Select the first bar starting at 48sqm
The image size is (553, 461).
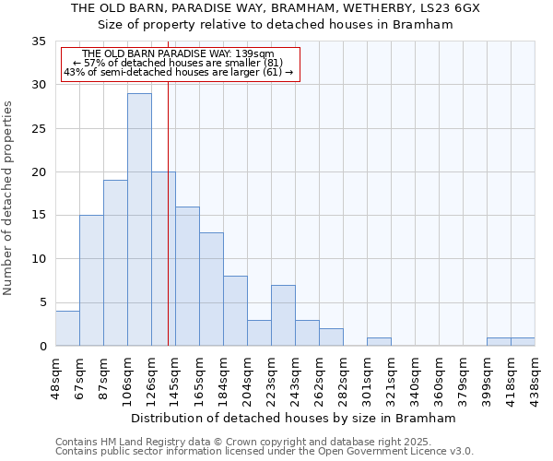67,328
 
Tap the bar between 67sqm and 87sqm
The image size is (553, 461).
91,280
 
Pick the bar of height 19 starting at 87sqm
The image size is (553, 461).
115,263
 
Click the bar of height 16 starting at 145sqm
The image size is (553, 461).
187,276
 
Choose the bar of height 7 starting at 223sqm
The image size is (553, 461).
283,315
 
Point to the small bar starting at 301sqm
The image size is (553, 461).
379,341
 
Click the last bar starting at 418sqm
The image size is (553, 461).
523,341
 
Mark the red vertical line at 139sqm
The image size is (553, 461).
168,230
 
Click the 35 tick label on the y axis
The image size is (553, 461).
38,41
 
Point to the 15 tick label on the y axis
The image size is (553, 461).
38,215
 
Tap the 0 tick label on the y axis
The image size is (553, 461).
41,346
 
